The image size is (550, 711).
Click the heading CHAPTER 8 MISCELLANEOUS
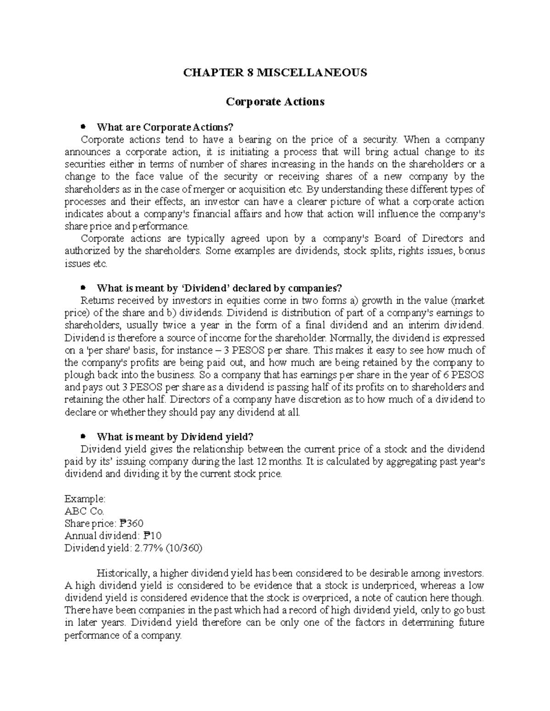click(275, 73)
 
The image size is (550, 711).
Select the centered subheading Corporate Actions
click(275, 102)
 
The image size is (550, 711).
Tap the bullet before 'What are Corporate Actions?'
click(83, 126)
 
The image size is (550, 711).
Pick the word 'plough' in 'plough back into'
click(78, 375)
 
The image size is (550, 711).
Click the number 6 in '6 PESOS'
click(447, 375)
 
